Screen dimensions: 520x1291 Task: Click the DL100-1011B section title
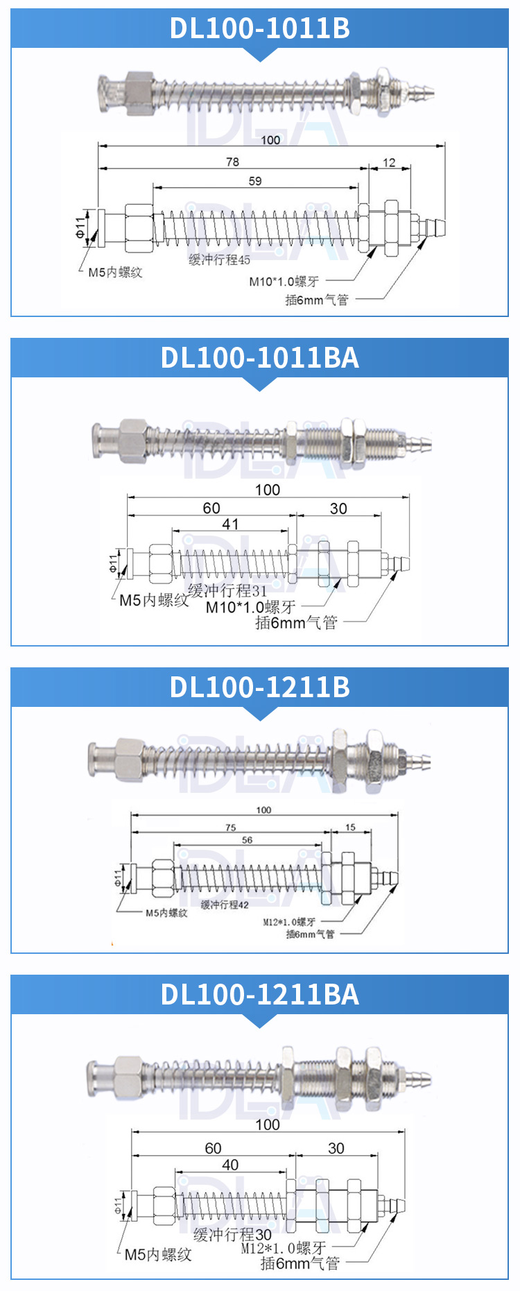click(260, 28)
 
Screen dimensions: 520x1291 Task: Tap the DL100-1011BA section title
click(260, 358)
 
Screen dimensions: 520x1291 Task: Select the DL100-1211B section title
click(260, 687)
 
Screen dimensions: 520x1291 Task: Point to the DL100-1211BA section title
click(260, 995)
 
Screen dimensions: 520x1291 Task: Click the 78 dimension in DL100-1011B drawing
click(232, 162)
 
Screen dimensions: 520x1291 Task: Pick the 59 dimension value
click(255, 181)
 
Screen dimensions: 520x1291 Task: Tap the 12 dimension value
click(389, 162)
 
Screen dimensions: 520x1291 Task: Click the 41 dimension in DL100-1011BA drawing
click(230, 524)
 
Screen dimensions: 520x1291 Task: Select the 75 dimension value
click(230, 828)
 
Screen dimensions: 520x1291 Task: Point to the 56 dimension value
click(247, 840)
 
